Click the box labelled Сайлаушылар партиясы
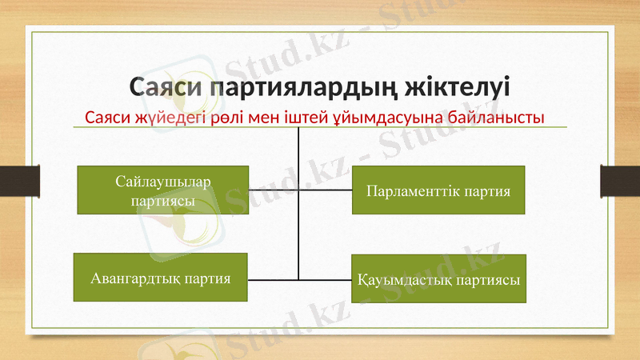click(x=162, y=190)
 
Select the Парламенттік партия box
click(x=438, y=190)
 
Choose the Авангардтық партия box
click(x=160, y=278)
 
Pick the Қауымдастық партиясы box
click(x=438, y=278)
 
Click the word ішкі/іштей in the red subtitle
click(x=309, y=118)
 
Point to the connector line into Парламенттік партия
click(x=326, y=190)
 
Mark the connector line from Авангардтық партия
click(x=273, y=280)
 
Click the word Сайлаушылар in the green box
click(x=163, y=182)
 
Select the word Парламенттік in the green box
click(x=405, y=191)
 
